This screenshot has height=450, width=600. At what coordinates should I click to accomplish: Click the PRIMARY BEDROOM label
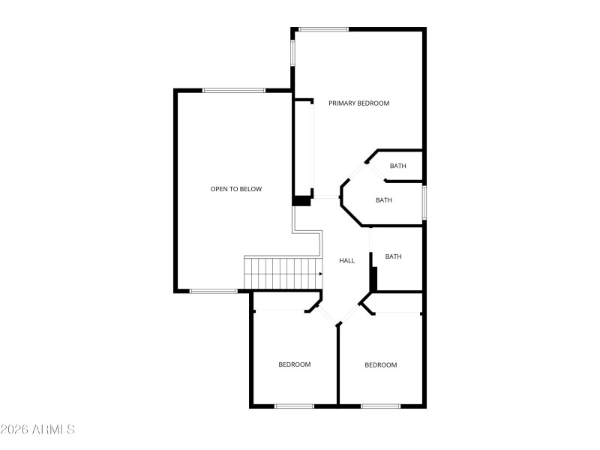click(358, 103)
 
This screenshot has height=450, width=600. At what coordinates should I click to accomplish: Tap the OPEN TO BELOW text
click(235, 189)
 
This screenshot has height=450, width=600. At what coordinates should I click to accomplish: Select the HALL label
click(346, 261)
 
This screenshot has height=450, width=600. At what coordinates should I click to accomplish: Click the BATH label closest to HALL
click(393, 256)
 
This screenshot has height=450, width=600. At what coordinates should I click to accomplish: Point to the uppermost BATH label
click(397, 166)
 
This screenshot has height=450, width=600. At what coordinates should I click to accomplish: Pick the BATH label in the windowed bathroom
click(384, 200)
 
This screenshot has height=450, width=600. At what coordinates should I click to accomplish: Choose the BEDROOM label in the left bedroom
click(294, 364)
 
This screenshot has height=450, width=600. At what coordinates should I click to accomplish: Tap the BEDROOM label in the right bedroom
click(380, 365)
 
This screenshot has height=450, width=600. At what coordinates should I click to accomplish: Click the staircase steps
click(279, 273)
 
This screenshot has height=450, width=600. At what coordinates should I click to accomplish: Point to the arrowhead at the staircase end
click(321, 274)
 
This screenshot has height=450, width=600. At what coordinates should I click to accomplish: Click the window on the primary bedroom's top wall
click(323, 29)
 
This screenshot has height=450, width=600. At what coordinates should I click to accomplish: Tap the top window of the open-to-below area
click(233, 90)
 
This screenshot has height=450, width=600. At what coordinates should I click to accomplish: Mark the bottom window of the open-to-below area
click(214, 291)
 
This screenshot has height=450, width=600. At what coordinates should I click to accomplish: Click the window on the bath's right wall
click(424, 202)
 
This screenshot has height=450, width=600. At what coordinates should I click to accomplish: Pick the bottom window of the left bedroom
click(294, 406)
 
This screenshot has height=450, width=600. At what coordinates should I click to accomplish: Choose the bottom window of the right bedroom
click(380, 406)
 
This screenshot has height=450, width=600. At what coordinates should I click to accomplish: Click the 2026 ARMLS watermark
click(37, 430)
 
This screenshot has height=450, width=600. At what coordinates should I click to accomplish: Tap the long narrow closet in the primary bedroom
click(303, 147)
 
